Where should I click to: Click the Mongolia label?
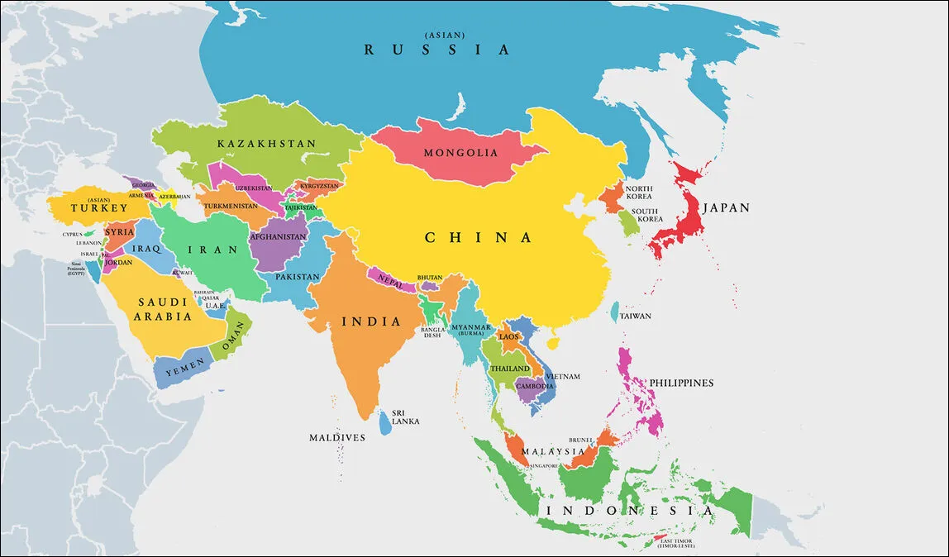coord(460,153)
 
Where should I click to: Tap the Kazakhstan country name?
coord(266,144)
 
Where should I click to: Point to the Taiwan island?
coord(615,312)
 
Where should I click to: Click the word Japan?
coord(726,208)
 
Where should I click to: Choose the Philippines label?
coord(681,383)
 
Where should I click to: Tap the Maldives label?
coord(337,437)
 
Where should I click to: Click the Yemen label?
coord(184,371)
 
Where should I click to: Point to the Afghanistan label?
coord(278,236)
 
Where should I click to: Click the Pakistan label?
coord(297,277)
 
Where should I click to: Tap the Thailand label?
coord(510,368)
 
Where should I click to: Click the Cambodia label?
coord(534,386)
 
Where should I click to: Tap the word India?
coord(372,321)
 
